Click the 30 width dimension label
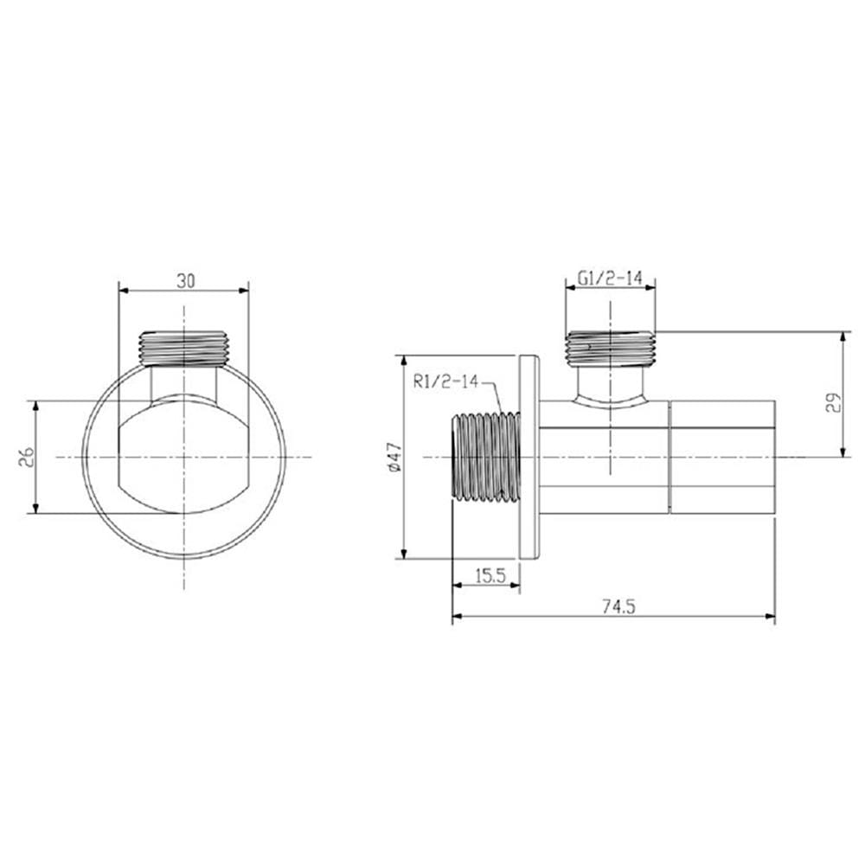point(186,281)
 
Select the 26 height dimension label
point(27,458)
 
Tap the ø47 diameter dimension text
point(394,458)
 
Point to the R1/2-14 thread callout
point(446,381)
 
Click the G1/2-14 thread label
point(610,278)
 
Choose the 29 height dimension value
point(834,403)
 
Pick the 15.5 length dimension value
point(490,576)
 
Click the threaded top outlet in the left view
point(183,349)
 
